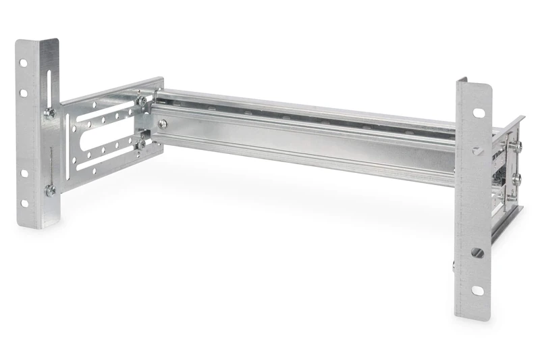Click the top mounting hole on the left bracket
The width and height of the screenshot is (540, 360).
point(23,63)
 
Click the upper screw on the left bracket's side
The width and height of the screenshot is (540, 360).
point(50,113)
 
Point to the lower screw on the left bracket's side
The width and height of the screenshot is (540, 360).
point(51,190)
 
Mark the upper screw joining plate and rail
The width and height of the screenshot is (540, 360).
point(142,101)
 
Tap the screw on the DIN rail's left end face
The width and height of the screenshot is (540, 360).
point(163,124)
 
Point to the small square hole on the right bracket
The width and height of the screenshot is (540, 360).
point(477,151)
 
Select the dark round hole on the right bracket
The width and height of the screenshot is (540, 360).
point(477,253)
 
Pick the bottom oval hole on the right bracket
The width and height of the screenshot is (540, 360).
point(477,290)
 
